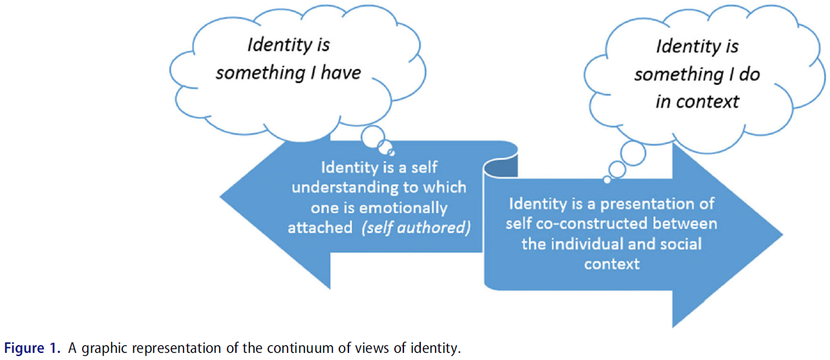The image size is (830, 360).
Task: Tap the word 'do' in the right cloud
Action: (x=749, y=74)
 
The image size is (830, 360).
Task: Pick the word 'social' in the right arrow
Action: (x=677, y=244)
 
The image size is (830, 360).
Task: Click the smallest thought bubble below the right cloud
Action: (x=607, y=179)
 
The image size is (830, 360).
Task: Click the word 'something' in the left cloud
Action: (x=252, y=72)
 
